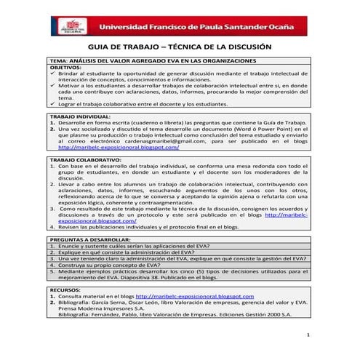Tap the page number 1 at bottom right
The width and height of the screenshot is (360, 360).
pos(308,335)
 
